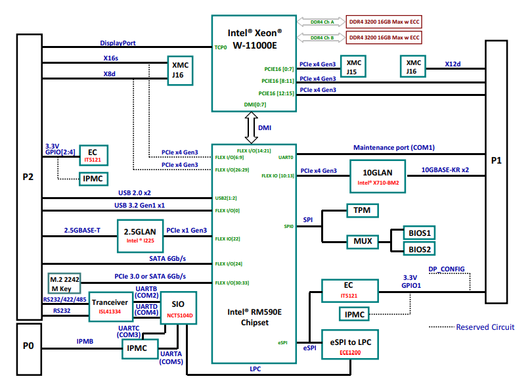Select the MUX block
(x=363, y=241)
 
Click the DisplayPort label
(x=118, y=43)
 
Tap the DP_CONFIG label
(x=446, y=269)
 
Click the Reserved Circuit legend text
(x=485, y=327)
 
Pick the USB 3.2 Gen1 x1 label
(x=139, y=205)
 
